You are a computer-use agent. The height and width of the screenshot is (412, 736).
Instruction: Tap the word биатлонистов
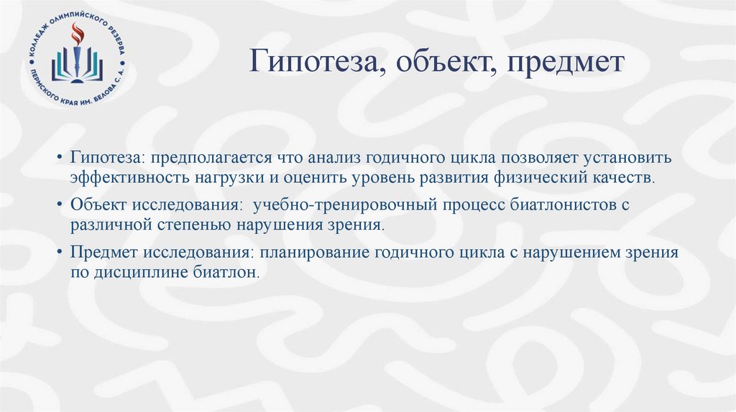point(561,205)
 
